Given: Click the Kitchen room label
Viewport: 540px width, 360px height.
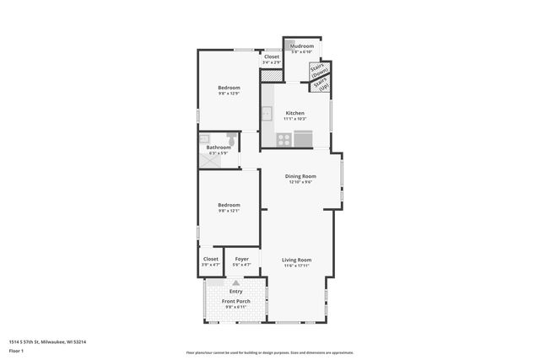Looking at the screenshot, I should tap(294, 113).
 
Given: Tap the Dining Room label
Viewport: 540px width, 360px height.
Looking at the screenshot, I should tap(300, 175).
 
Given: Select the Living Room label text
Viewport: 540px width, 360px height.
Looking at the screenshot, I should tap(297, 260).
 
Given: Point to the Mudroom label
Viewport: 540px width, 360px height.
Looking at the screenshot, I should tap(302, 46).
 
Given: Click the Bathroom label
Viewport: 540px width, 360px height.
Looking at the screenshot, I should tap(219, 148).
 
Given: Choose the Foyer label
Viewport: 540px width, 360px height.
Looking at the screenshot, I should tap(241, 259).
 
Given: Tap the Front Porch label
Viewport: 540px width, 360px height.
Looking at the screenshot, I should tap(235, 301).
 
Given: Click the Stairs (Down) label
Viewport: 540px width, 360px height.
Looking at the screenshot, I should tap(319, 70).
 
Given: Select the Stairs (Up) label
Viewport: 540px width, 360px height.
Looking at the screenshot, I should tap(321, 84).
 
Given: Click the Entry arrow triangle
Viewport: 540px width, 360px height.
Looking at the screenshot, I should tap(235, 283).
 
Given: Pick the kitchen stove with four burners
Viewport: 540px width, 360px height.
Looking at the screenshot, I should tap(283, 139).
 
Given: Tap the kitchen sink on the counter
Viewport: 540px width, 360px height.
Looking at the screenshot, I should tap(267, 113).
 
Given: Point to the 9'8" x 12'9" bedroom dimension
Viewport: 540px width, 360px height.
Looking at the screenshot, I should tap(229, 94).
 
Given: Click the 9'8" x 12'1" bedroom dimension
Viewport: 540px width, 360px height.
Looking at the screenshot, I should tap(229, 211).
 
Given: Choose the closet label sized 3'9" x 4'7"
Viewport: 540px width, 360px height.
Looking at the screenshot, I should tap(210, 265).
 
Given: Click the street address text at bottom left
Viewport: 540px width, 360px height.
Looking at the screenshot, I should tap(47, 341).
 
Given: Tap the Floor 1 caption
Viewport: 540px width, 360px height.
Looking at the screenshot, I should tap(16, 350).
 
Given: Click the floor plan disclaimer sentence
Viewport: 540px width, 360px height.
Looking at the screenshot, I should tap(269, 352).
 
